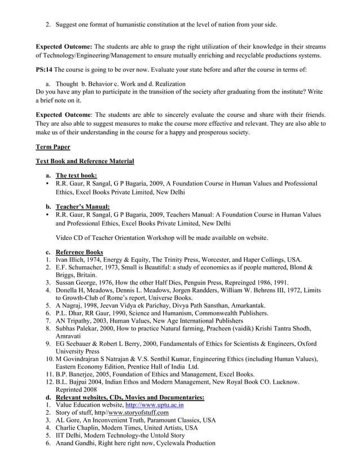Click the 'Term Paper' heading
[x=53, y=147]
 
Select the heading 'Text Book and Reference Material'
[x=85, y=162]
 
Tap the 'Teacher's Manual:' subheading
[x=82, y=206]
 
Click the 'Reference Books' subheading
[x=79, y=252]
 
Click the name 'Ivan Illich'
[x=73, y=260]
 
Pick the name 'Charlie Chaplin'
[x=80, y=428]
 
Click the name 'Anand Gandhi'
[x=78, y=443]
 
